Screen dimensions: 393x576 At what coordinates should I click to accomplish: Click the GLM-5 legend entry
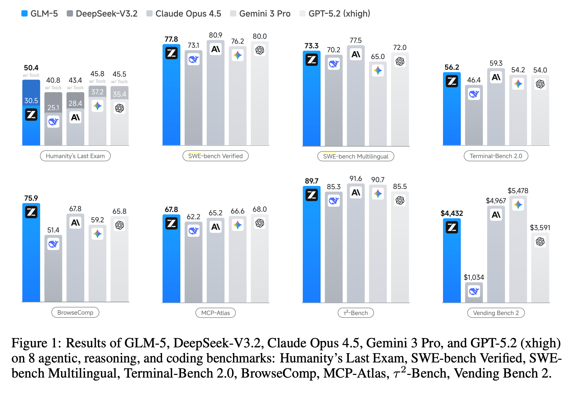point(40,14)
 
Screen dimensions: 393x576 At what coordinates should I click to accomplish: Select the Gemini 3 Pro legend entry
point(260,14)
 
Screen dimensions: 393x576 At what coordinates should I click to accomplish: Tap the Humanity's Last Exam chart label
point(75,156)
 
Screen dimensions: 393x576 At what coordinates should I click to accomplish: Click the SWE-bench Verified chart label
point(215,156)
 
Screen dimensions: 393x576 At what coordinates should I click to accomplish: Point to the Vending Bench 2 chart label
point(496,313)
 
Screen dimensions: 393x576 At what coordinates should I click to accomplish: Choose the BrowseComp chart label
point(75,313)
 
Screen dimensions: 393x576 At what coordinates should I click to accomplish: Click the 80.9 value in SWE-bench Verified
point(215,35)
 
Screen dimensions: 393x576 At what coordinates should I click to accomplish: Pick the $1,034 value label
point(474,277)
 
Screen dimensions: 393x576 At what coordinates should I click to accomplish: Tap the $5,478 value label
point(518,191)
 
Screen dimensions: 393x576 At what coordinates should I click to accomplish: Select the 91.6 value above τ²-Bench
point(356,179)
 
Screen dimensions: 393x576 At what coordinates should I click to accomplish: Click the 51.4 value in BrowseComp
point(53,230)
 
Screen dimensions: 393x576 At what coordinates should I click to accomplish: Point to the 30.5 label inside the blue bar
point(31,101)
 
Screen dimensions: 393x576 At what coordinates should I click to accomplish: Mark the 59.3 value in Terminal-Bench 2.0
point(496,63)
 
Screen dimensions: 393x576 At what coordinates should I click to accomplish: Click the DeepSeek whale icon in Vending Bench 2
point(474,291)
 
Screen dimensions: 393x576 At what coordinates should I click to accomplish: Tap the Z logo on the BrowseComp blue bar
point(31,212)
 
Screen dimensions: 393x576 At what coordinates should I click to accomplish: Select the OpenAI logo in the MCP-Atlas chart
point(260,223)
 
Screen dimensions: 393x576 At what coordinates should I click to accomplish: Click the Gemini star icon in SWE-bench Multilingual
point(378,71)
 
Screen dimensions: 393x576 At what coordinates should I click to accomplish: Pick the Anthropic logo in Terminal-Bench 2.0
point(496,77)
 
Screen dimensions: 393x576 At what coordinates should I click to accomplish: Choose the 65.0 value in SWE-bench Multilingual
point(378,57)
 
